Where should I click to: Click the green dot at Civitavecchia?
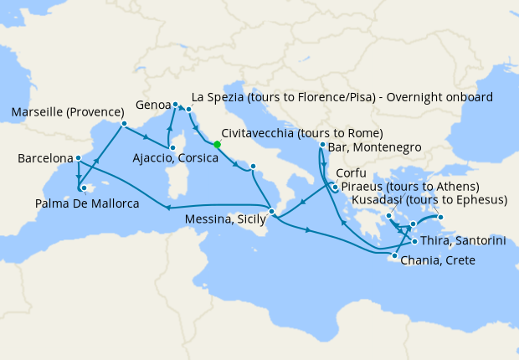pyautogui.click(x=217, y=144)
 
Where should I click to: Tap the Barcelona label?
pyautogui.click(x=44, y=158)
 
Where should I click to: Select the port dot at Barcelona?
pyautogui.click(x=78, y=157)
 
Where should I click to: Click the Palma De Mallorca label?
pyautogui.click(x=87, y=203)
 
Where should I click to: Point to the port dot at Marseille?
pyautogui.click(x=124, y=125)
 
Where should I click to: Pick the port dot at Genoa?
pyautogui.click(x=176, y=105)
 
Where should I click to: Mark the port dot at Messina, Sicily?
pyautogui.click(x=271, y=210)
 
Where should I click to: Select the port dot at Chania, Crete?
pyautogui.click(x=394, y=256)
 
